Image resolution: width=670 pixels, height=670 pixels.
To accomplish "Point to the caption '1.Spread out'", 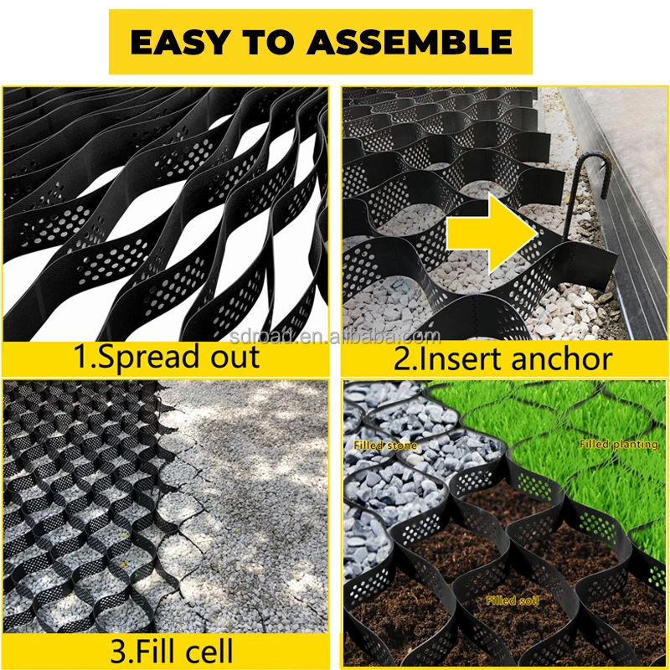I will [x=167, y=358].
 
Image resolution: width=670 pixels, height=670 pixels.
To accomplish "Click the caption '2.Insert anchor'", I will [x=503, y=358].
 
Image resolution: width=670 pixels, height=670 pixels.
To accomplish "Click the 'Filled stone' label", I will [x=385, y=446].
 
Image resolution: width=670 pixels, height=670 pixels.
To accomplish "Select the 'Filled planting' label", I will [x=618, y=444].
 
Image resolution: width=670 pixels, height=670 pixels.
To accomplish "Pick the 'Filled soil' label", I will [x=512, y=600].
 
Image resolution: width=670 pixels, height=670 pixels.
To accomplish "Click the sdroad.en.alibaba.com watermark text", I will [x=335, y=338].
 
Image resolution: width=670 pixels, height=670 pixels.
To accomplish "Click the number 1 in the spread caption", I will [x=80, y=358].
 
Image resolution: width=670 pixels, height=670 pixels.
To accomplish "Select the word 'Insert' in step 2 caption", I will [x=462, y=358].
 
